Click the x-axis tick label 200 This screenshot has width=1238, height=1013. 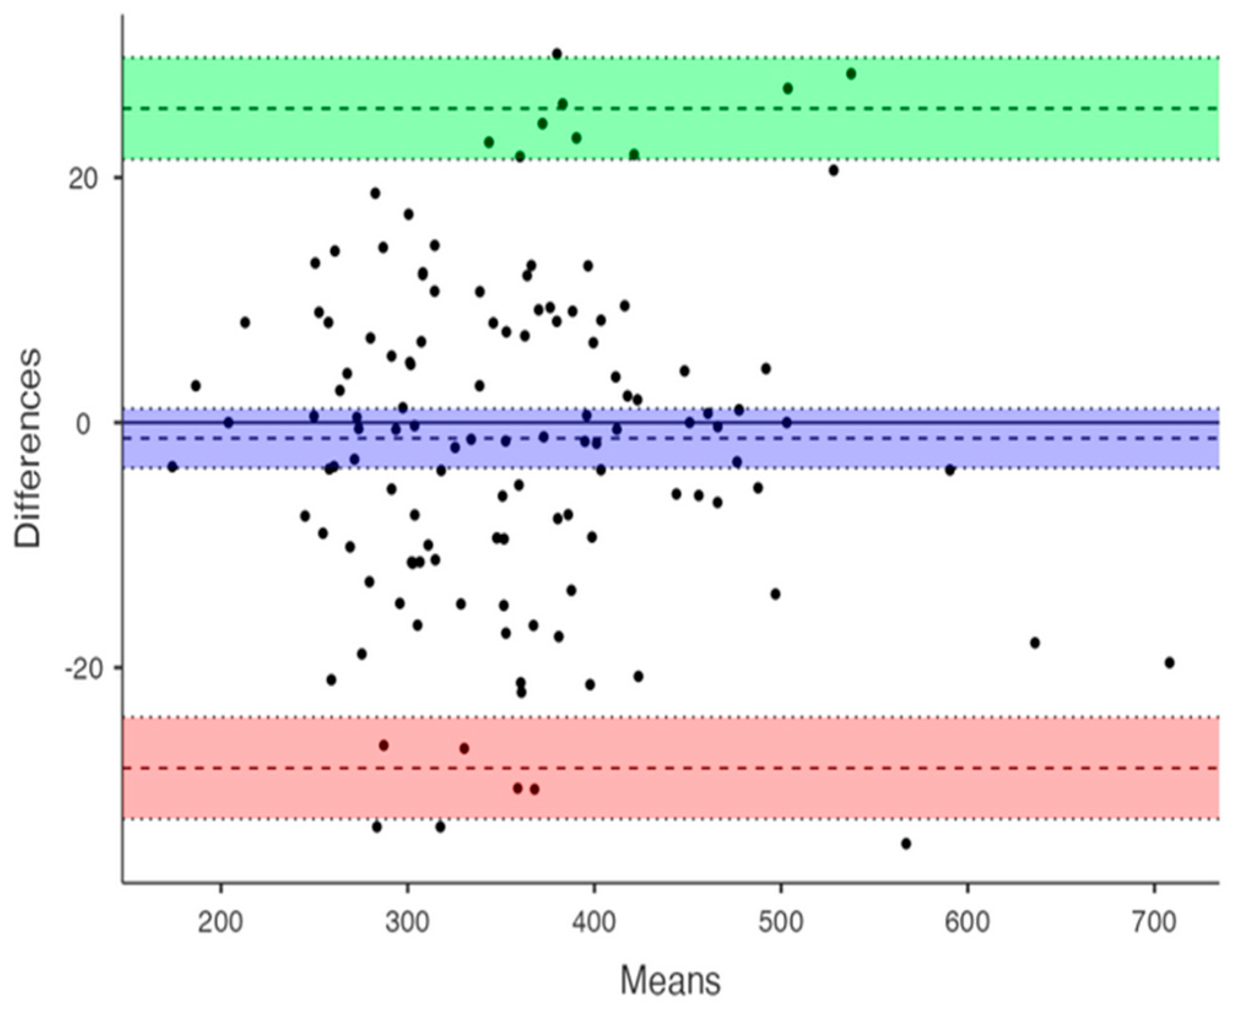(x=221, y=922)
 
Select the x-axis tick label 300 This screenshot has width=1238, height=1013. (x=407, y=922)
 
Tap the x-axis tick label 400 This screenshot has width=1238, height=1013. (x=594, y=922)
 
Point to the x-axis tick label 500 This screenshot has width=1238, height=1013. (x=780, y=922)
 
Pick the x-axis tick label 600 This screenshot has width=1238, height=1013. (x=967, y=922)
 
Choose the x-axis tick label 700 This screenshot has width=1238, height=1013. (x=1153, y=922)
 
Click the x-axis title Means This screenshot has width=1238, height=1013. (x=670, y=981)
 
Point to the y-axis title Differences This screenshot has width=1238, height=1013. (x=28, y=448)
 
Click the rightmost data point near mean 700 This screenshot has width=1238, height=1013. (x=1169, y=663)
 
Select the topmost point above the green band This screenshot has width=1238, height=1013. (x=557, y=54)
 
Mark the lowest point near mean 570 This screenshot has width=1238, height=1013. (x=906, y=844)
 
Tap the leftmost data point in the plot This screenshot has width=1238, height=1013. (x=172, y=467)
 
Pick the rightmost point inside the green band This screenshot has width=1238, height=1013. (x=851, y=74)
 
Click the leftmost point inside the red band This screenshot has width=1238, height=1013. (x=384, y=746)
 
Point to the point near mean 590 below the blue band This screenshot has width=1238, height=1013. (x=950, y=470)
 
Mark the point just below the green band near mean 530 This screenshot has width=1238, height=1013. (x=833, y=170)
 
